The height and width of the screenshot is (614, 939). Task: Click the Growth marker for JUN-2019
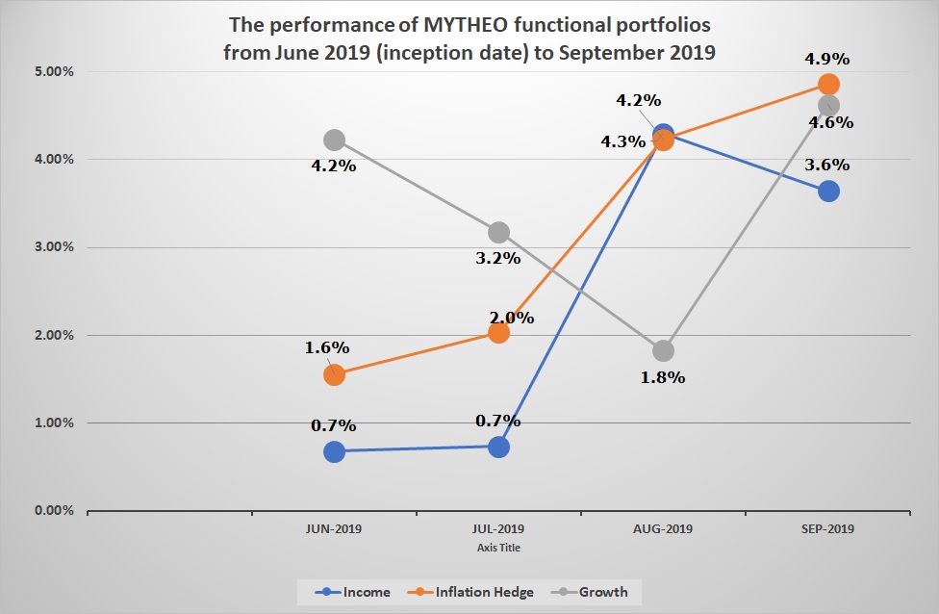[334, 141]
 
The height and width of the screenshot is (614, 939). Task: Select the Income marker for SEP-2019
[827, 191]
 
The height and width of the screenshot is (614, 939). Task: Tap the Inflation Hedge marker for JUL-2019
[498, 332]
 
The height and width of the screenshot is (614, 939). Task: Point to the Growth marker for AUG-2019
[663, 350]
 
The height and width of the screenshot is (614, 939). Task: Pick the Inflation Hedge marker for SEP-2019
[827, 84]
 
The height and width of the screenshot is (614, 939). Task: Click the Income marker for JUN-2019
[334, 451]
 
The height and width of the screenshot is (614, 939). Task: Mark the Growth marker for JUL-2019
[498, 232]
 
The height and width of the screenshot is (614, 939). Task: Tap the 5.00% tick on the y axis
[54, 71]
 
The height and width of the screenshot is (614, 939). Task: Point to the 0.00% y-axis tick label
[54, 511]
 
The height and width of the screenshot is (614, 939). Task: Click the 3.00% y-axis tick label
[54, 247]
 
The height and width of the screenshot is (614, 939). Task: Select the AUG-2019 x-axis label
[663, 529]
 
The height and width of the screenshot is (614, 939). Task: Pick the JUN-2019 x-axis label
[334, 529]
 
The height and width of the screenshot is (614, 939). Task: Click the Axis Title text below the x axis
[498, 547]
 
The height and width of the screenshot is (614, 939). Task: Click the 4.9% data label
[827, 59]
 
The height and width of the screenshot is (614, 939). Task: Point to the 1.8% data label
[663, 377]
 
